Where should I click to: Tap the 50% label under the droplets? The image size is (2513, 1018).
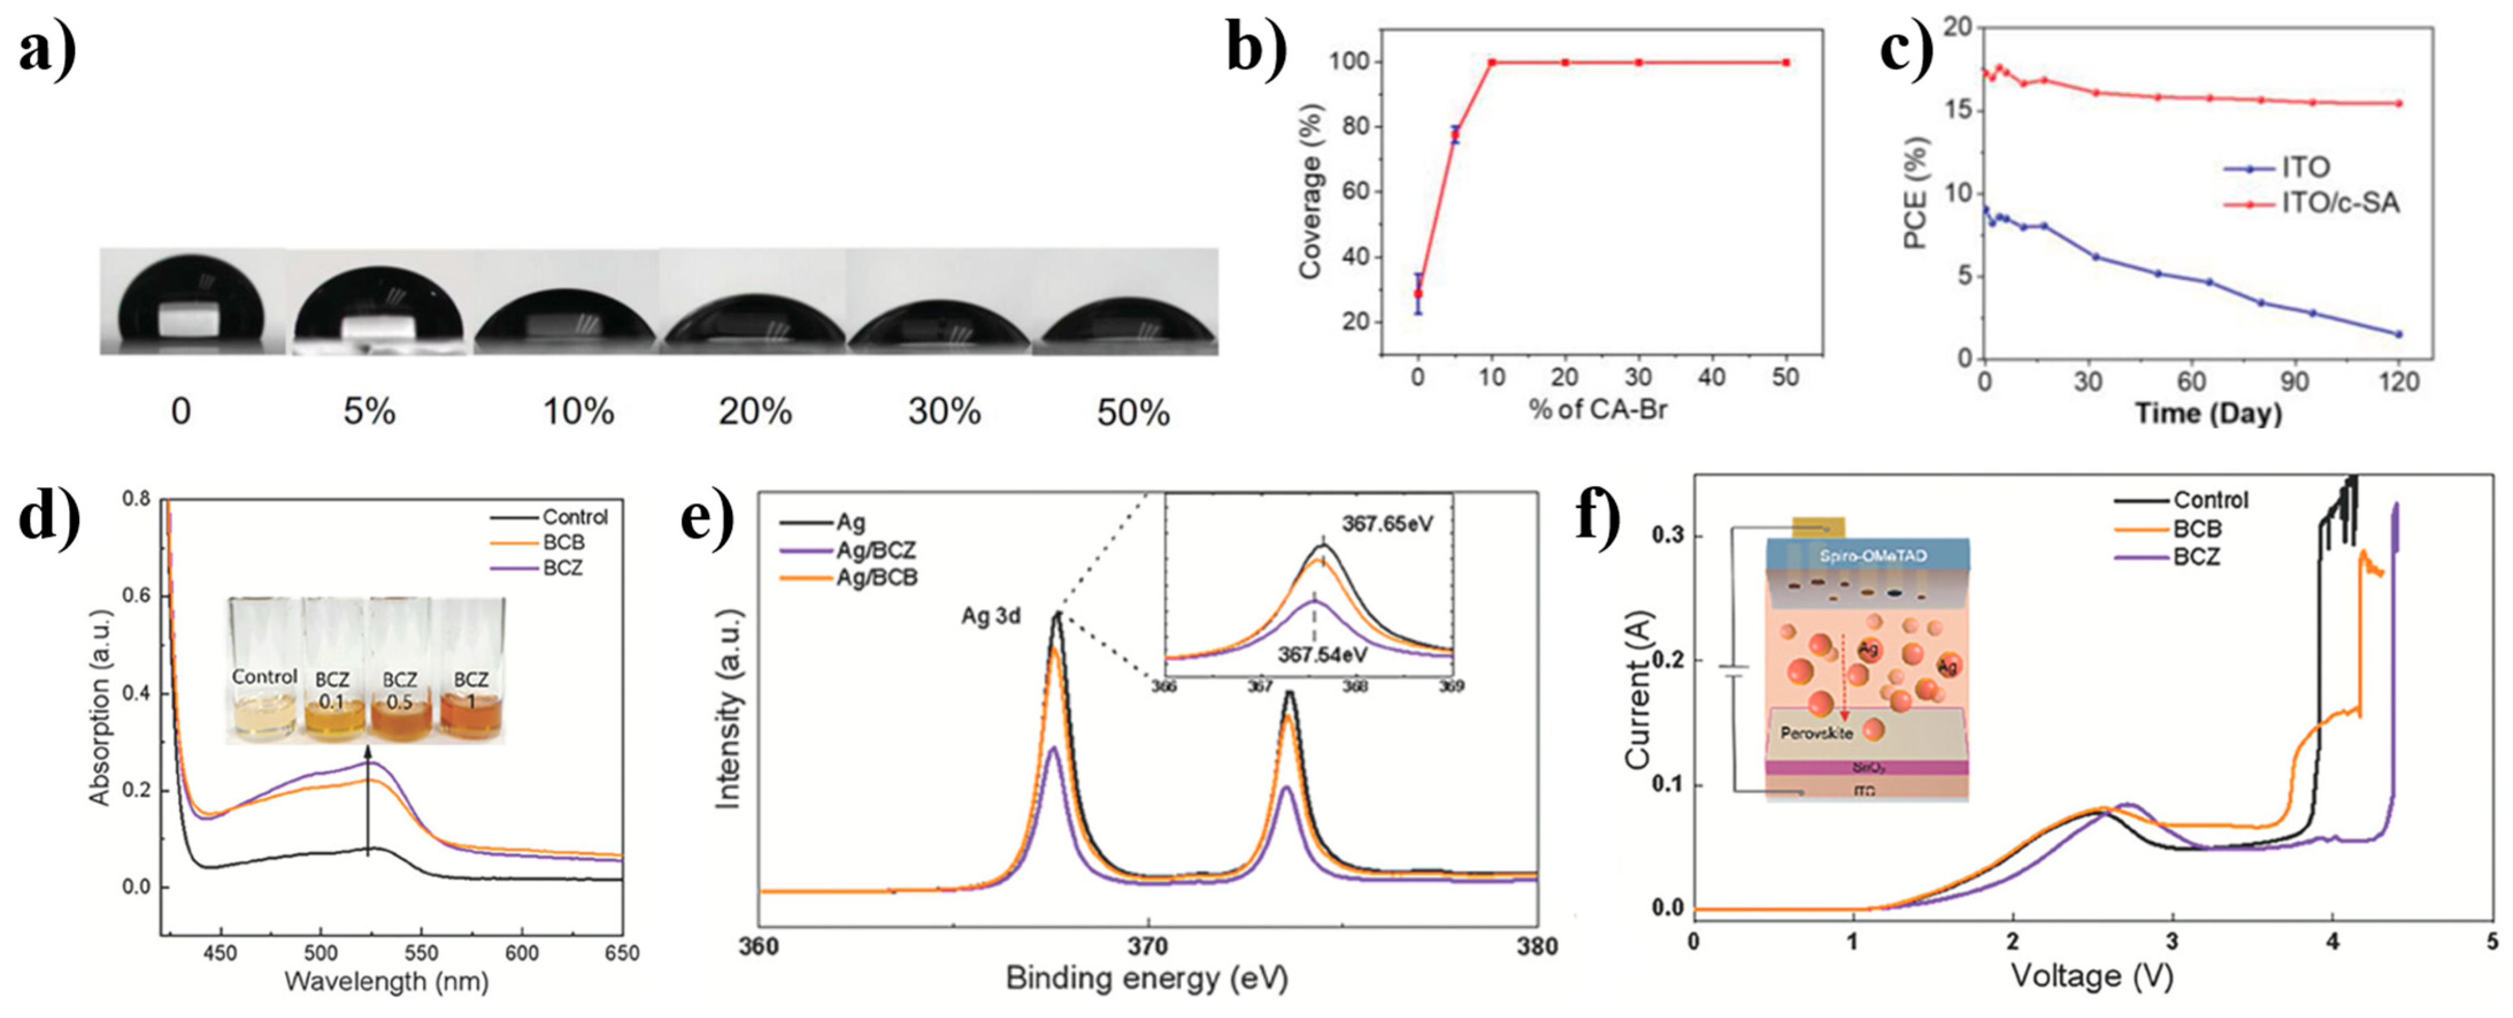pyautogui.click(x=1133, y=412)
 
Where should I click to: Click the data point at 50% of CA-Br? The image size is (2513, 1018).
pyautogui.click(x=1785, y=63)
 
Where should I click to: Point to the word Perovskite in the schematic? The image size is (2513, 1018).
pyautogui.click(x=1817, y=733)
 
